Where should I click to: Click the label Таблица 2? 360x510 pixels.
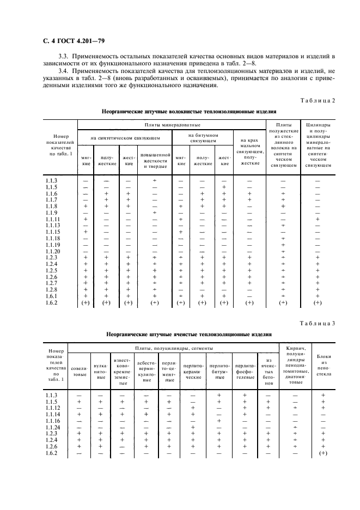pos(320,100)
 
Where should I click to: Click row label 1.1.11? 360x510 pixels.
pos(52,219)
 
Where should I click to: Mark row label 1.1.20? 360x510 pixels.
pos(52,251)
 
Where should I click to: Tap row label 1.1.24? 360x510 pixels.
pos(52,427)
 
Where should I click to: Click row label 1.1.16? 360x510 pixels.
pos(52,421)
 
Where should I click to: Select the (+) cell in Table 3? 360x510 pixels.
pos(323,453)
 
